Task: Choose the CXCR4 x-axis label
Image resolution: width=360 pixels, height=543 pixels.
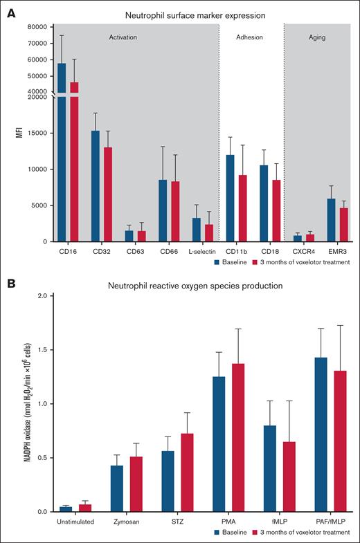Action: click(x=303, y=252)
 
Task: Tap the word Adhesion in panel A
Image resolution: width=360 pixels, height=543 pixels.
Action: click(x=250, y=37)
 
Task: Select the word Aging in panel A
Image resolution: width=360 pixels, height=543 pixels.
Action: click(x=317, y=37)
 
